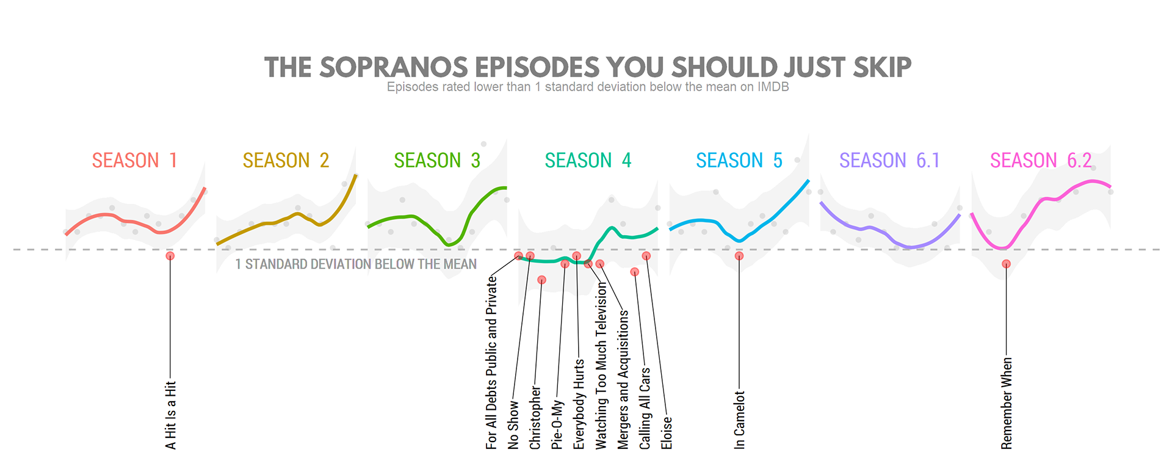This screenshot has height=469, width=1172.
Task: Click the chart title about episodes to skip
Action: tap(588, 67)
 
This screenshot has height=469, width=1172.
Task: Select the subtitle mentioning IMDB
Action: tap(588, 87)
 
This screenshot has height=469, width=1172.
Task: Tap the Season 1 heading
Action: tap(135, 161)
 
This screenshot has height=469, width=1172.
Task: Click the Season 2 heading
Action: tap(286, 161)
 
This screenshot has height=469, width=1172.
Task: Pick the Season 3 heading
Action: tap(437, 161)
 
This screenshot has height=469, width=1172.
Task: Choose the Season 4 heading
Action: tap(588, 161)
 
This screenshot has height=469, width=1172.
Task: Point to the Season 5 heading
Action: tap(739, 161)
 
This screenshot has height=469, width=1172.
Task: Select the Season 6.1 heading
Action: tap(889, 161)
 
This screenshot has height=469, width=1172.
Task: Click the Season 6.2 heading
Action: tap(1041, 161)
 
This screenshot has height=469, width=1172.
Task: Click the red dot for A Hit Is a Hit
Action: tap(170, 256)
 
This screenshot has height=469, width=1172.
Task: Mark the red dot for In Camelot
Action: tap(739, 256)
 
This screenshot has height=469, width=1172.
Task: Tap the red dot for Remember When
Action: tap(1006, 264)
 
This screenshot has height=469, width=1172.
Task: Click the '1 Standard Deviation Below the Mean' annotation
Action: tap(356, 264)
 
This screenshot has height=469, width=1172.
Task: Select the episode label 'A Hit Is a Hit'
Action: tap(171, 416)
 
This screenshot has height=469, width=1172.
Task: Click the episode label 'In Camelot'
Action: tap(740, 420)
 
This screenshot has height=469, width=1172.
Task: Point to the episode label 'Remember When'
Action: tap(1007, 404)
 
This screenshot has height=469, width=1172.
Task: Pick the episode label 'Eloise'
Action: tap(667, 433)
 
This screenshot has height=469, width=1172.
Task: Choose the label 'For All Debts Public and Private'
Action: tap(491, 363)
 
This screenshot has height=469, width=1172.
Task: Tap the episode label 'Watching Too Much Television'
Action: tap(601, 366)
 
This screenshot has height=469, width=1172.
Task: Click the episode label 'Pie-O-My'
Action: tap(557, 425)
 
